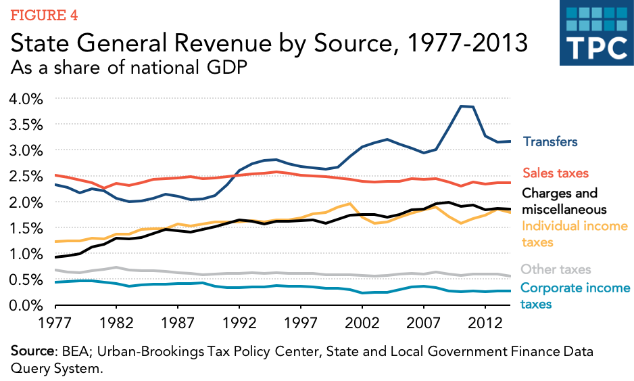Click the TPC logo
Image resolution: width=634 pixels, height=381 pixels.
pyautogui.click(x=593, y=34)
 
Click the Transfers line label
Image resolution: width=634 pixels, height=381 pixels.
pyautogui.click(x=550, y=142)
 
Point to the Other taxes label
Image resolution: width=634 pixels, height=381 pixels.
pyautogui.click(x=556, y=269)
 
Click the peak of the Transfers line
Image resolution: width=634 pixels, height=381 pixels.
pyautogui.click(x=462, y=106)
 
